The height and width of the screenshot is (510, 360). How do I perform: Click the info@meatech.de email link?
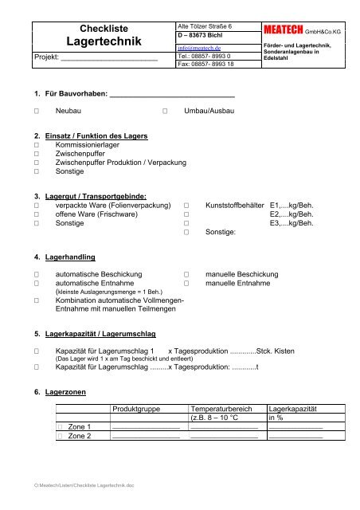[198, 48]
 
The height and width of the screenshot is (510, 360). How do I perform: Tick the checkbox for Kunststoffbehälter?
[186, 205]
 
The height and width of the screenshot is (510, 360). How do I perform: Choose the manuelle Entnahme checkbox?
[186, 283]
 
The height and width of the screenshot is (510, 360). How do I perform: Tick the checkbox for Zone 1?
[60, 426]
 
